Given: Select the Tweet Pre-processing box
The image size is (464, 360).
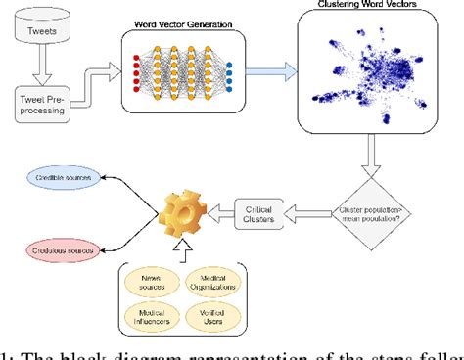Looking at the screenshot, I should pyautogui.click(x=43, y=103).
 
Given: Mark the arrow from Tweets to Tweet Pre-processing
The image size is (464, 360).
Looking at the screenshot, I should pyautogui.click(x=43, y=67).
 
